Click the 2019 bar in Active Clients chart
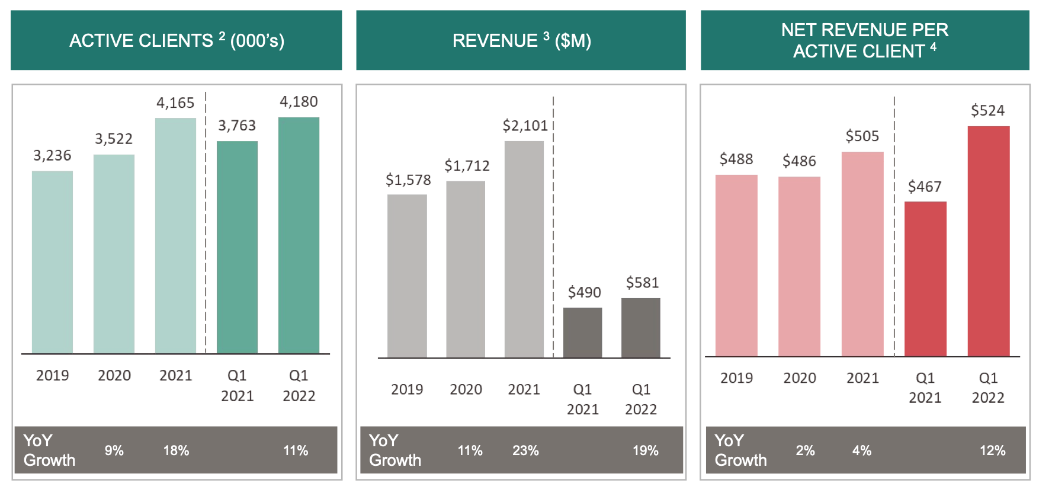point(52,262)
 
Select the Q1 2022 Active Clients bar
point(299,235)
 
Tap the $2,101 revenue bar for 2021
point(524,249)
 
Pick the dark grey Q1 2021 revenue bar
point(582,332)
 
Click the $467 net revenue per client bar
point(925,279)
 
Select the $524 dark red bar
point(988,241)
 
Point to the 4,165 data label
point(175,103)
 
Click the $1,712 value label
point(467,166)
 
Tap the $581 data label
point(642,283)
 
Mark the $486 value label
point(799,161)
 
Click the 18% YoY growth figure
point(176,450)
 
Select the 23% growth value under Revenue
point(525,450)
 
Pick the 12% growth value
point(992,450)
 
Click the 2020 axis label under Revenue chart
point(466,389)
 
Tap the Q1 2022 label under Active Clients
point(299,386)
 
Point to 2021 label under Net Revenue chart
point(862,378)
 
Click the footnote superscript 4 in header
point(933,47)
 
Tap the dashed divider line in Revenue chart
point(553,225)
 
